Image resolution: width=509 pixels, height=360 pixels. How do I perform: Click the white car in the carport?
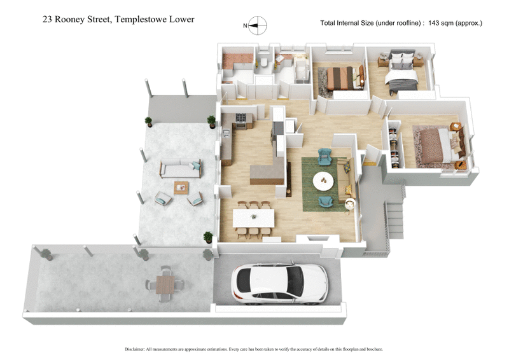[x=280, y=281]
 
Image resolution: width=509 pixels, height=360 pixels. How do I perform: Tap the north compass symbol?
[x=258, y=26]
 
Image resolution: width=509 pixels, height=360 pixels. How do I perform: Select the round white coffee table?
[x=323, y=181]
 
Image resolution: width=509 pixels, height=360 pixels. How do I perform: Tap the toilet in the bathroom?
[x=264, y=64]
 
